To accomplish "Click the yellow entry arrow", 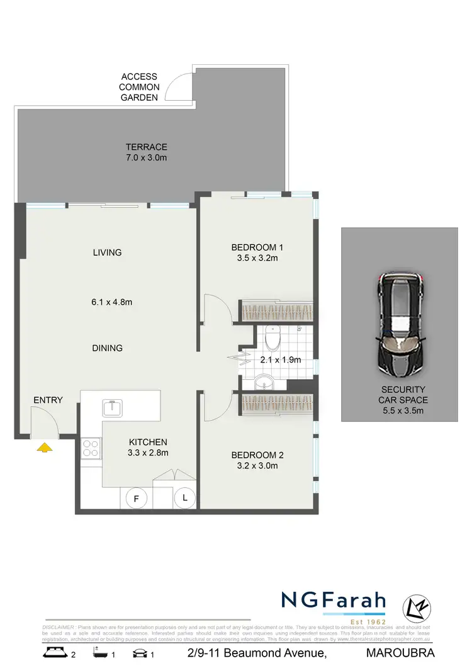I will (x=44, y=448).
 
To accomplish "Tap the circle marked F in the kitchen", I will (x=135, y=498).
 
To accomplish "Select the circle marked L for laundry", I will (x=185, y=497).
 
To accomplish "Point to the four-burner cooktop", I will (x=91, y=448).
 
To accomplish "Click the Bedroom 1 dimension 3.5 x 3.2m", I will (x=255, y=258).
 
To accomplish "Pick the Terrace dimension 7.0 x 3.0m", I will (x=146, y=157).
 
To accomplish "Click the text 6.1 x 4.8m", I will (x=111, y=302).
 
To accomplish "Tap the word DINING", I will (x=106, y=348).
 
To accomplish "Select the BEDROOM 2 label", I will (x=254, y=455).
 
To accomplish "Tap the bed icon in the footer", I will (x=55, y=653).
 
